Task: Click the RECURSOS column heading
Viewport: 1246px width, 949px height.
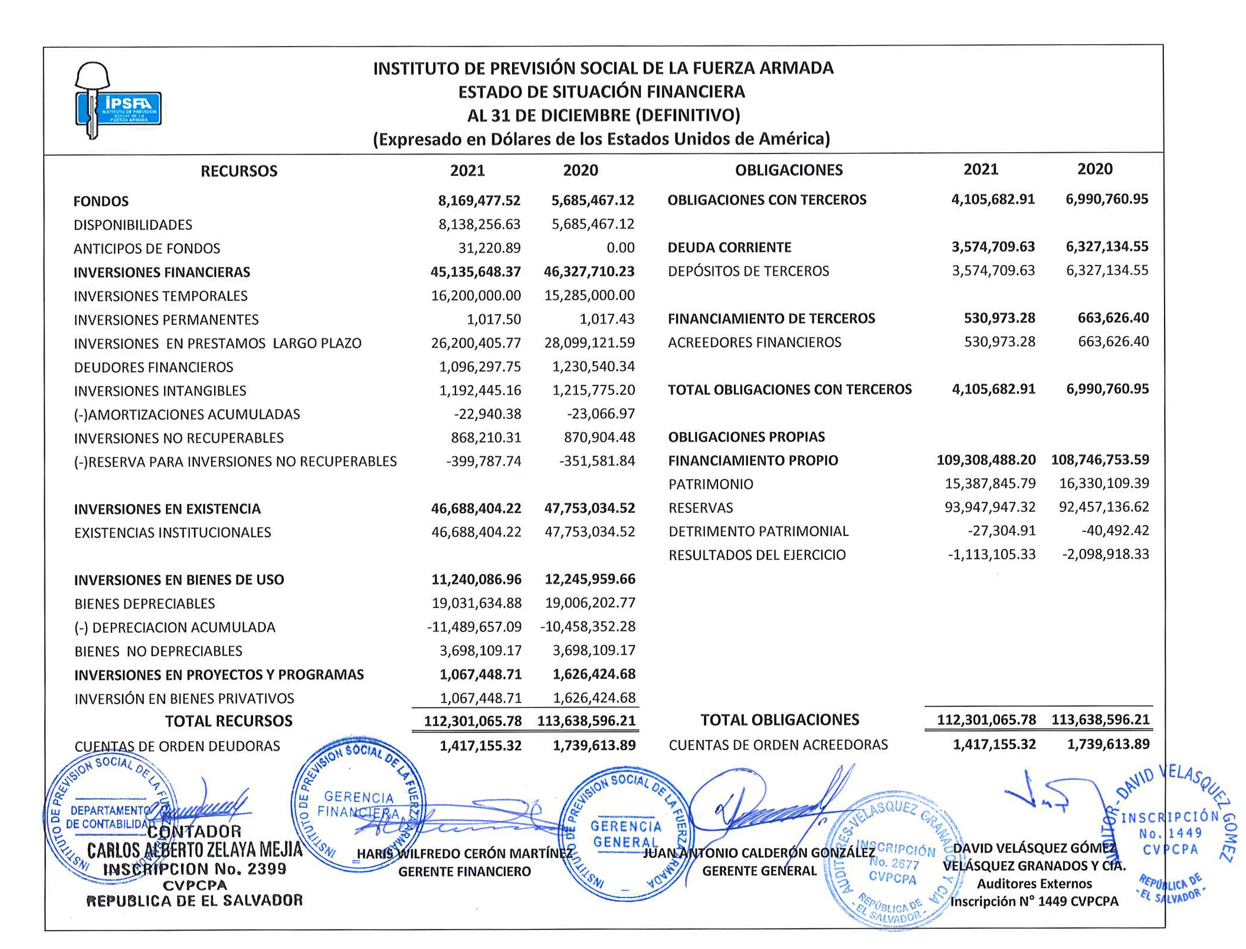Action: click(239, 171)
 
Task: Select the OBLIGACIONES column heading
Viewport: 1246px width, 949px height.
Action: click(788, 170)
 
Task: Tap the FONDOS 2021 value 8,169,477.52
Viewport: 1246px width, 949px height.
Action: click(479, 201)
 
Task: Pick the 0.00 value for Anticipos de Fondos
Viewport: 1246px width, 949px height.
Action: click(621, 248)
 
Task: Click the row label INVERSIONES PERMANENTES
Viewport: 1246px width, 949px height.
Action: click(166, 320)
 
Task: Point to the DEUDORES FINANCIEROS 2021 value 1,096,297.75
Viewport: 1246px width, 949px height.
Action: click(480, 367)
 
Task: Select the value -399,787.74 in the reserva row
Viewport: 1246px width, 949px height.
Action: click(484, 461)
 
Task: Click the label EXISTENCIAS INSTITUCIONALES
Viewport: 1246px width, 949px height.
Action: click(173, 533)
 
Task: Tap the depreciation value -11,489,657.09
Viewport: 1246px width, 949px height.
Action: click(474, 627)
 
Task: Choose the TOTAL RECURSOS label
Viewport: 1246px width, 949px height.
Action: click(229, 721)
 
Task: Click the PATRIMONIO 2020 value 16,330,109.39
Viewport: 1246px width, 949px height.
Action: click(1104, 483)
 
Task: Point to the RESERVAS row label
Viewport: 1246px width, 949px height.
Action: click(701, 508)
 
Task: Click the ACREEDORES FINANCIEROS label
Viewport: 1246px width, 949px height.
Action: click(755, 342)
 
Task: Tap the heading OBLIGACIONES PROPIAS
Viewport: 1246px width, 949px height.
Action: click(746, 437)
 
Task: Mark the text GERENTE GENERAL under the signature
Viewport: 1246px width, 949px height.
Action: click(759, 871)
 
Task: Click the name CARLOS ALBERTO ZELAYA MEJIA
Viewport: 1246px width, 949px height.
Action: click(195, 850)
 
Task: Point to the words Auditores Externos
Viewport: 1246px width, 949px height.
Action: click(1034, 883)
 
